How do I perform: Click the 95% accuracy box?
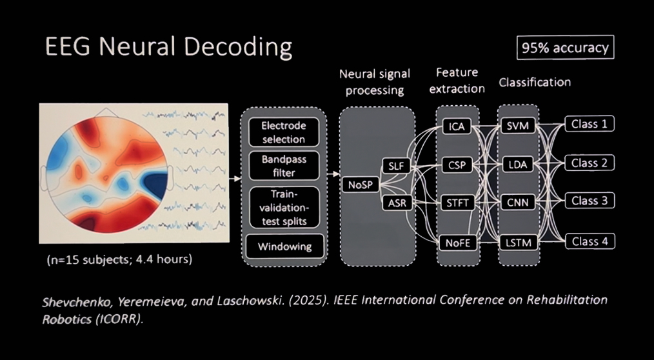[x=565, y=48]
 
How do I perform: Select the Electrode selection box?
[x=283, y=132]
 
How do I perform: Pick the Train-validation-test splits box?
[x=283, y=206]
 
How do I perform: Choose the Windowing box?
[x=284, y=246]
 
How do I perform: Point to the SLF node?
[x=396, y=166]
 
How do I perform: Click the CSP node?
[x=457, y=165]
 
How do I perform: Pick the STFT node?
[x=457, y=203]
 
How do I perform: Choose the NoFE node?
[x=457, y=243]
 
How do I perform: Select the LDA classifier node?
[x=518, y=165]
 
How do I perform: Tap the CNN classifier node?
[x=518, y=203]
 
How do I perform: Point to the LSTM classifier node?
[x=518, y=243]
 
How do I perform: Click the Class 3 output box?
[x=590, y=201]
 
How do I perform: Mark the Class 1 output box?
[x=590, y=123]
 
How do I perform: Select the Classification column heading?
[x=535, y=82]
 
